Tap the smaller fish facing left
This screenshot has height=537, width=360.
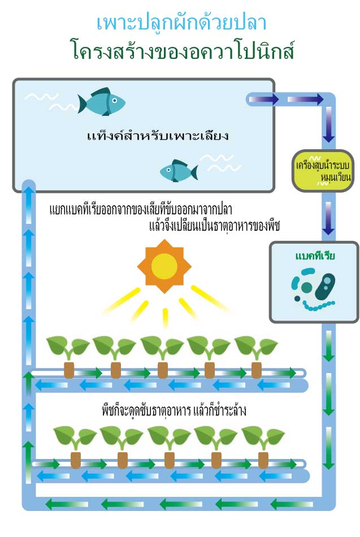(x=179, y=171)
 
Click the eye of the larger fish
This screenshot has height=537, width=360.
(x=115, y=101)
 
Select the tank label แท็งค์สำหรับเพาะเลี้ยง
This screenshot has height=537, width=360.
(x=158, y=136)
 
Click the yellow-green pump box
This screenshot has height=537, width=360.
(x=322, y=171)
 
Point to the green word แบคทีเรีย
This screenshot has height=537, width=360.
(x=315, y=256)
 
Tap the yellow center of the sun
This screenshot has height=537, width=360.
(x=164, y=266)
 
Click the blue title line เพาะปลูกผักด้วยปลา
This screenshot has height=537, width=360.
(x=181, y=22)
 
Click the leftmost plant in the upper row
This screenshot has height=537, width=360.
(x=68, y=357)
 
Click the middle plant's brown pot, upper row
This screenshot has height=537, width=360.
(x=162, y=370)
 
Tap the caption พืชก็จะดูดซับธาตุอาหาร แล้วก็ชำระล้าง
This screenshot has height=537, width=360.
(x=174, y=410)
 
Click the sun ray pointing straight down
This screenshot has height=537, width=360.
(x=165, y=318)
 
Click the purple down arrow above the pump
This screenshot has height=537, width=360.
(x=328, y=124)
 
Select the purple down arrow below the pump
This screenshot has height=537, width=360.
(x=328, y=218)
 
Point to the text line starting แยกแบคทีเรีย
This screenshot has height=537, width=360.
(x=140, y=210)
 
